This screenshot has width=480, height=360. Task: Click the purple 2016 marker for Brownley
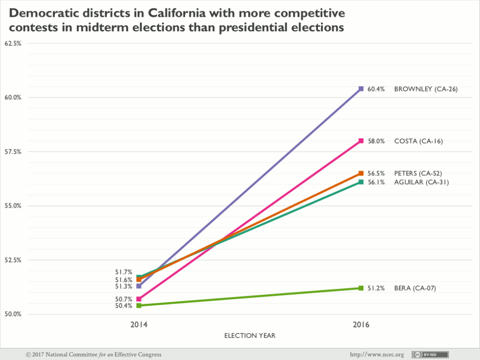tap(361, 89)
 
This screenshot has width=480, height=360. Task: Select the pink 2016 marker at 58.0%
tap(361, 141)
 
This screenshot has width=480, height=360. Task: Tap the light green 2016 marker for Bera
tap(361, 288)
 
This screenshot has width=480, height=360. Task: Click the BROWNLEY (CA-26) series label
tap(425, 89)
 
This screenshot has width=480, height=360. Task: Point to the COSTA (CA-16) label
tap(418, 141)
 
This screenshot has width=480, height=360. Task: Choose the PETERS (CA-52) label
tap(418, 173)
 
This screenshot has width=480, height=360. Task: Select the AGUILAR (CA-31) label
tap(421, 182)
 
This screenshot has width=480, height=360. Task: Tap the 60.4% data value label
tap(376, 89)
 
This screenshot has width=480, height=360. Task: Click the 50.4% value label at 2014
tap(124, 306)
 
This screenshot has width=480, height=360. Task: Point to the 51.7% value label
tap(124, 272)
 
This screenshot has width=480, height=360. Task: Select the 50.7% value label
tap(124, 298)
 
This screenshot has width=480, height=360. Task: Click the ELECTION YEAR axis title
tap(250, 336)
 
